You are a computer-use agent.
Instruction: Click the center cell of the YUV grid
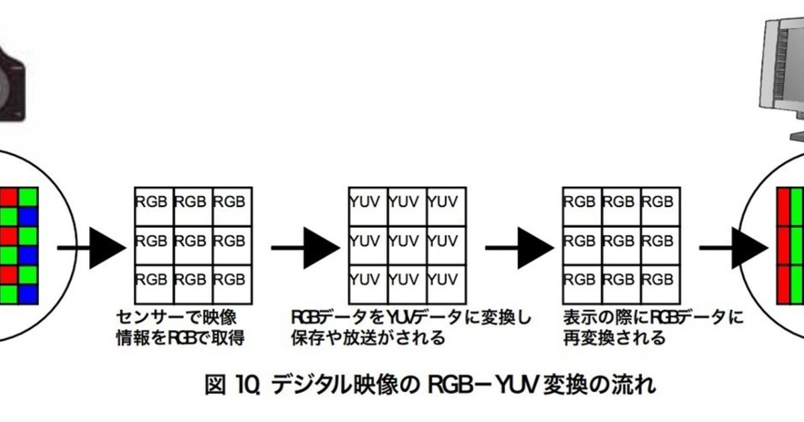[407, 240]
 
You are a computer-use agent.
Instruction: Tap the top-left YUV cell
[368, 201]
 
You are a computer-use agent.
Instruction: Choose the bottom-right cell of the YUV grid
[446, 278]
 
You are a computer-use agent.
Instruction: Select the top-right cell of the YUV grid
[446, 201]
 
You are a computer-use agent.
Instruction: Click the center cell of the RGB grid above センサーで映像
[193, 240]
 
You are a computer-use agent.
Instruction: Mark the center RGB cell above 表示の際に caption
[621, 240]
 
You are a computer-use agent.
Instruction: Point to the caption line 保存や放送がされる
[368, 337]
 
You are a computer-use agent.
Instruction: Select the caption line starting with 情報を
[180, 337]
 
